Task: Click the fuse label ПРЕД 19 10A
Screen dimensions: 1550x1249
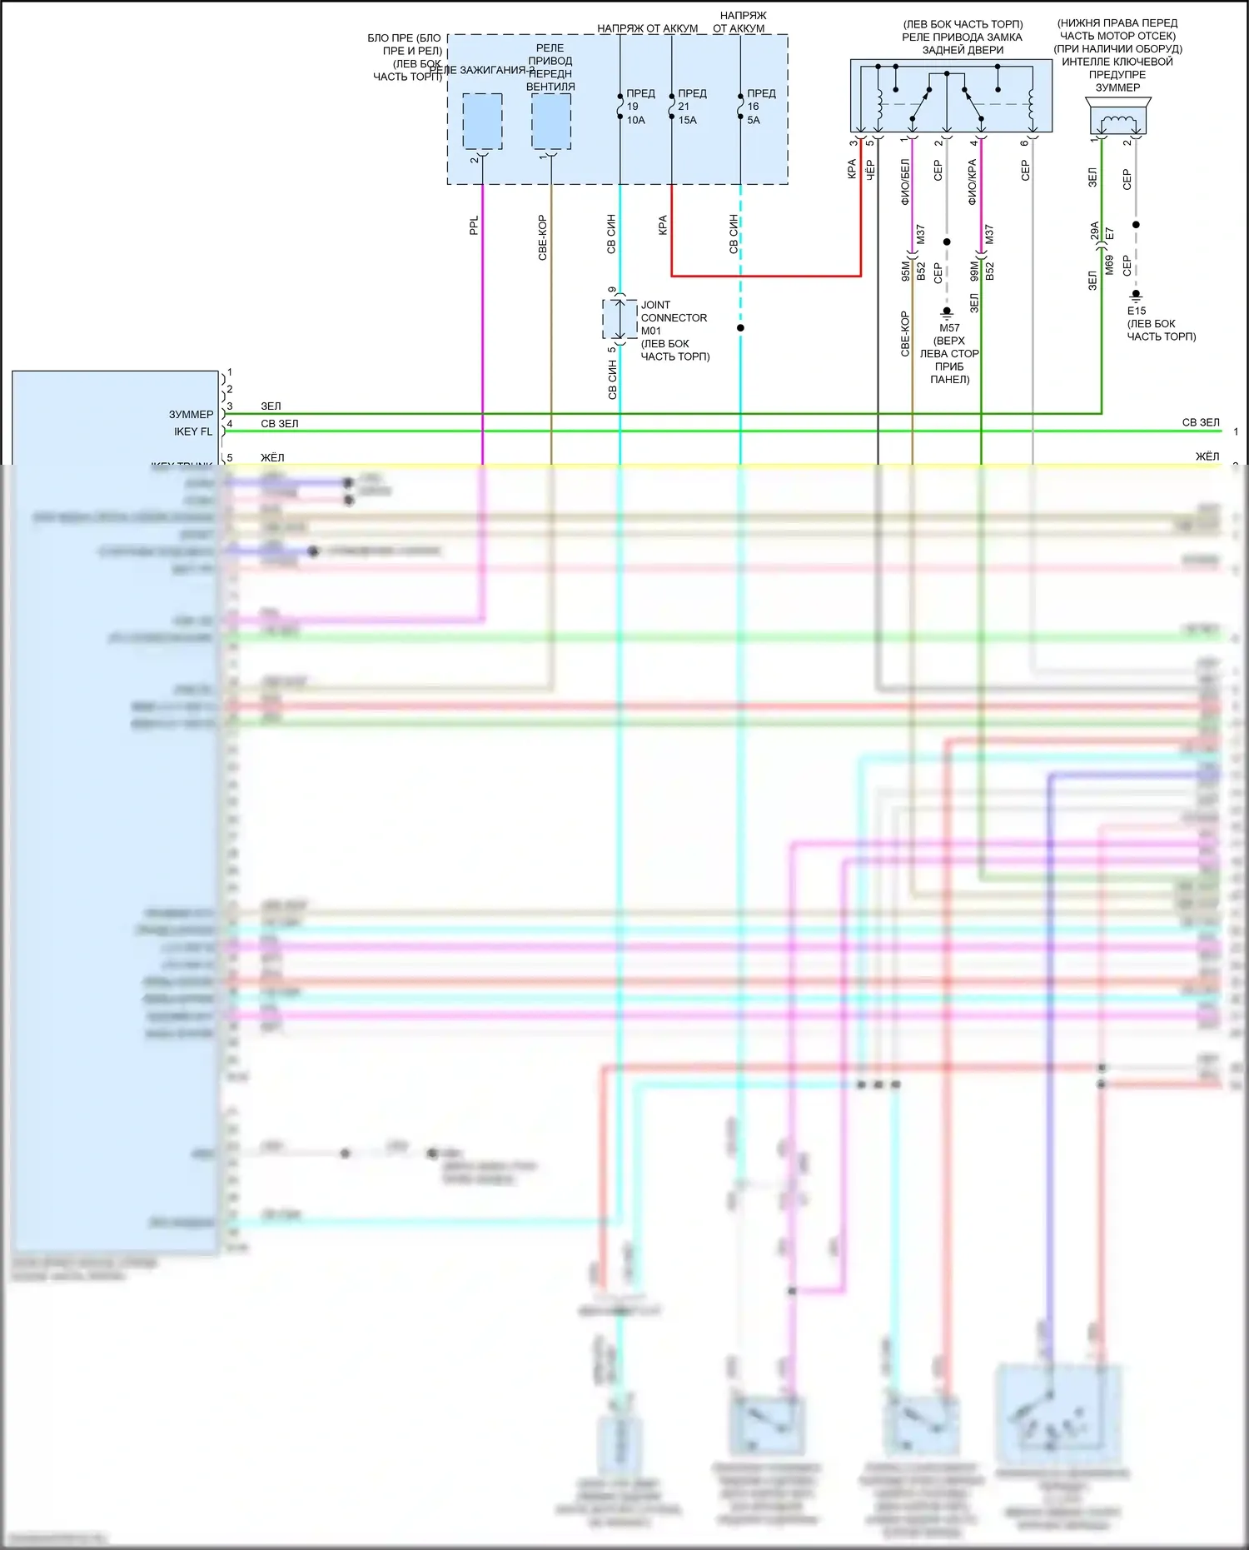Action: click(x=639, y=107)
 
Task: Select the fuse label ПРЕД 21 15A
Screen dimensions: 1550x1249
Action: click(x=690, y=107)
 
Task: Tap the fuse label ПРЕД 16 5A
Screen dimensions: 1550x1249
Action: click(x=759, y=107)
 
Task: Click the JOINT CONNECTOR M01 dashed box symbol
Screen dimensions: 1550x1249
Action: click(x=620, y=319)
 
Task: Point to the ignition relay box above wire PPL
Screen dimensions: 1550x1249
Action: click(x=482, y=122)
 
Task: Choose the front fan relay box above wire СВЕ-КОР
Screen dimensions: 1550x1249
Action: click(x=551, y=122)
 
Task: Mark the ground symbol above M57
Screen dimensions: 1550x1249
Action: click(x=947, y=314)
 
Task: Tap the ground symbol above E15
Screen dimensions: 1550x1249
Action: click(x=1136, y=297)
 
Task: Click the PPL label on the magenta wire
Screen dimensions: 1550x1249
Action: click(x=474, y=226)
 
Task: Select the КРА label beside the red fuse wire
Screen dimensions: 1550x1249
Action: click(x=663, y=225)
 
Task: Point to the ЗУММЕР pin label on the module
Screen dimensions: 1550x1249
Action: click(x=192, y=414)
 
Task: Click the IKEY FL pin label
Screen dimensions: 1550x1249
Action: click(x=193, y=431)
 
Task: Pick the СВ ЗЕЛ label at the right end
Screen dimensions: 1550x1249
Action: click(x=1200, y=422)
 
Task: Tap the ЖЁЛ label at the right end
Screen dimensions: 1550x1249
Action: click(x=1207, y=456)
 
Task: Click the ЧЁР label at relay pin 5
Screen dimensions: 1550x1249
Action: click(x=870, y=170)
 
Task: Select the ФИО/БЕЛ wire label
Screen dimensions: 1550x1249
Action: click(x=905, y=182)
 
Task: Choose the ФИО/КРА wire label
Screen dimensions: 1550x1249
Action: click(x=973, y=182)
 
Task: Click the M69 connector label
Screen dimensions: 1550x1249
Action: click(x=1109, y=265)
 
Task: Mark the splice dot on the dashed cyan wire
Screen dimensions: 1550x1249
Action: click(x=740, y=327)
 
